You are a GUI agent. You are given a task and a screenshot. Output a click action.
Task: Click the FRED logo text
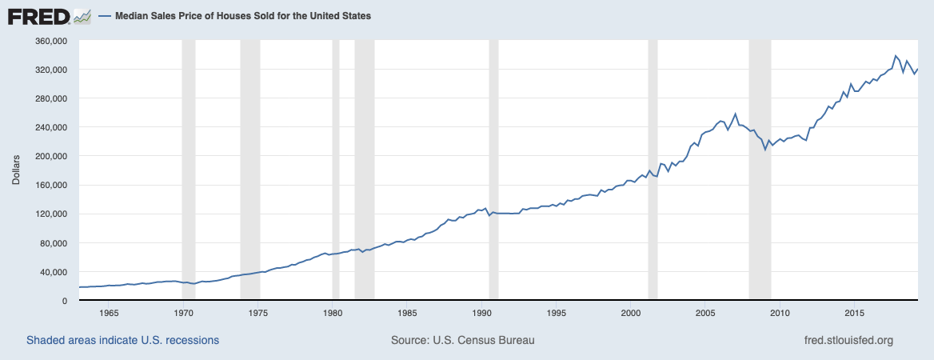click(39, 16)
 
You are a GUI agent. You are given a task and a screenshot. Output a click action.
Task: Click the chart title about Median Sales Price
click(242, 16)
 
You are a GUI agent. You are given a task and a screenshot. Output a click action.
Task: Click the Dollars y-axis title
click(17, 170)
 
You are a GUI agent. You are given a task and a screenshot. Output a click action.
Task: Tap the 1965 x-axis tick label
click(109, 312)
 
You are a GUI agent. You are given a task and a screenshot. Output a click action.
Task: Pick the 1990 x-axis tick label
click(481, 312)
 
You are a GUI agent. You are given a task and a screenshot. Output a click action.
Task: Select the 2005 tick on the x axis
click(705, 312)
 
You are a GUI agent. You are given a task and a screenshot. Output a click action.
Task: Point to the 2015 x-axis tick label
click(855, 312)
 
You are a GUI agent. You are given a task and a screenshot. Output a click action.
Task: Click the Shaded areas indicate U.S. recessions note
click(122, 340)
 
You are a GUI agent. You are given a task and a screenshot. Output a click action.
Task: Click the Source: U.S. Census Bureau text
click(463, 340)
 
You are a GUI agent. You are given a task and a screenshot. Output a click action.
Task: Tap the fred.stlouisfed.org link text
click(848, 340)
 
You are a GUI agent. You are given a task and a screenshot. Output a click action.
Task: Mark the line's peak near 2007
click(735, 114)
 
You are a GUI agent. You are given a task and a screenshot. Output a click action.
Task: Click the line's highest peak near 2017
click(896, 55)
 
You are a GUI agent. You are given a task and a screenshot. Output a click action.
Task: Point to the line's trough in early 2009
click(765, 150)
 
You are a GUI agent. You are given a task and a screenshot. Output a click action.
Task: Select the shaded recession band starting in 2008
click(760, 170)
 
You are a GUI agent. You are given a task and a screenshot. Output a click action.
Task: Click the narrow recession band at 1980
click(336, 170)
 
